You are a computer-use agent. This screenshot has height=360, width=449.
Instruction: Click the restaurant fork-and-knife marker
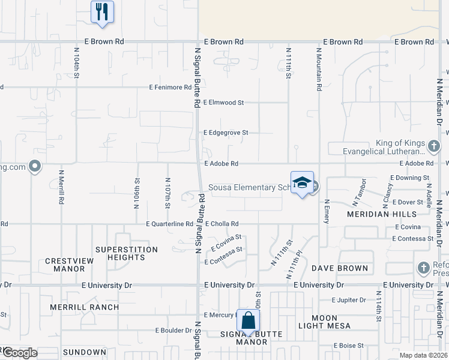pyautogui.click(x=102, y=11)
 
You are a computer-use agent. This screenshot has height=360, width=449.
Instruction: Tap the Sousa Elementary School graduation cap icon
pyautogui.click(x=302, y=183)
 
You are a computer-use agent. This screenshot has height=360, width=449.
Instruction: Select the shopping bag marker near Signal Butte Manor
pyautogui.click(x=248, y=320)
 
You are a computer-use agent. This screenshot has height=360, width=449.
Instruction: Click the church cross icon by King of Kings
pyautogui.click(x=433, y=145)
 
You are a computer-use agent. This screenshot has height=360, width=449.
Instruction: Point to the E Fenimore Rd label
pyautogui.click(x=170, y=88)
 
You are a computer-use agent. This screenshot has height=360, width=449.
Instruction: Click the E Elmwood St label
pyautogui.click(x=223, y=103)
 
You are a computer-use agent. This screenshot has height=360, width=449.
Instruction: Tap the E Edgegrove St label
pyautogui.click(x=226, y=133)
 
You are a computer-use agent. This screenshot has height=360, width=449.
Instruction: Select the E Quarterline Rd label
pyautogui.click(x=169, y=224)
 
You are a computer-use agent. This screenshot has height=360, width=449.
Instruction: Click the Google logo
pyautogui.click(x=20, y=353)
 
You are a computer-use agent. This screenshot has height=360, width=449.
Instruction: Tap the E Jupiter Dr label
pyautogui.click(x=349, y=299)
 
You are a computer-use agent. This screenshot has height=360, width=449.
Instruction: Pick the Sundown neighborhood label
pyautogui.click(x=84, y=352)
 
